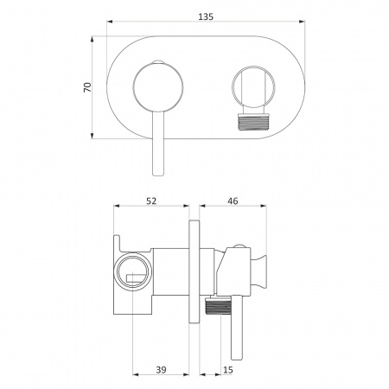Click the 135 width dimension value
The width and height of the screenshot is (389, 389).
coord(206,16)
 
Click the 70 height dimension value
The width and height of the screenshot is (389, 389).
coord(87,87)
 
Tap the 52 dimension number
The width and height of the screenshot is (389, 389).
coord(151,201)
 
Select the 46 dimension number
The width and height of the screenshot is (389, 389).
coord(233,201)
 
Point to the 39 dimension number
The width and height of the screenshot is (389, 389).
coord(161,369)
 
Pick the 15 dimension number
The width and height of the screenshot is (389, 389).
coord(228,369)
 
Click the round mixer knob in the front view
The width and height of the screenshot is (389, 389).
coord(158,87)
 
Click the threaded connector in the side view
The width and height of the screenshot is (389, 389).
coord(218,306)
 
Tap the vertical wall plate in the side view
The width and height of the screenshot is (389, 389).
coord(194,273)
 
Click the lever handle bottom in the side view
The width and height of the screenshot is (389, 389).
coord(237,356)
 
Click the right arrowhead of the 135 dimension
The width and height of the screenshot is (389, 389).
coord(302,21)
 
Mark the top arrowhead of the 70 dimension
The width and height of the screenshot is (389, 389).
coord(92,40)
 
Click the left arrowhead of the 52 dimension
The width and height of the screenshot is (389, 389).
coord(117,206)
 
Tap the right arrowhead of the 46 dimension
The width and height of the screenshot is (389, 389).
coord(264,206)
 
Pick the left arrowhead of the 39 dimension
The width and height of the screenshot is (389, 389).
coord(136,374)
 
